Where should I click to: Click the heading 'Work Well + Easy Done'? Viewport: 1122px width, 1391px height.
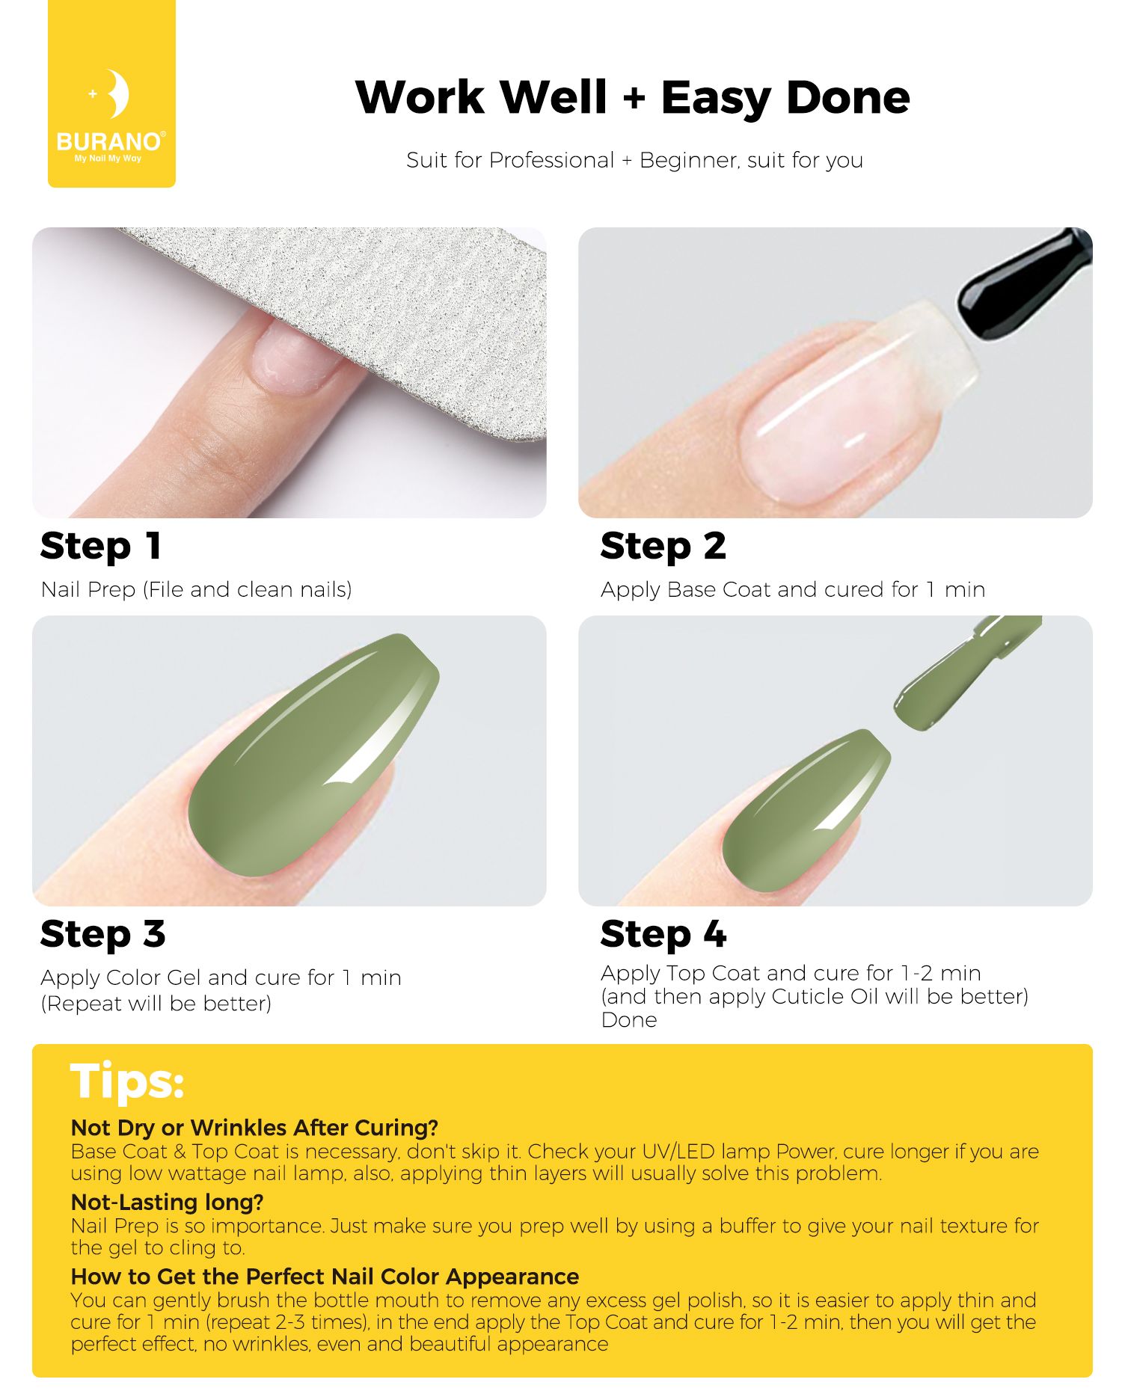(633, 97)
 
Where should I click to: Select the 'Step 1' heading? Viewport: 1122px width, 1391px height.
(101, 547)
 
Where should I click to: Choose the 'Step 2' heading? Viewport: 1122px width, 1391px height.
(663, 547)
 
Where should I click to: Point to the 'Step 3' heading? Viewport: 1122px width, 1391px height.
(102, 935)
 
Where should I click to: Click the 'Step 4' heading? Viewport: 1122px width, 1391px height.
(663, 935)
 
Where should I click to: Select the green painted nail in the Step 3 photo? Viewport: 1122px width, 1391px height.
(313, 755)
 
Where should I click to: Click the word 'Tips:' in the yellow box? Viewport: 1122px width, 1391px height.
(127, 1081)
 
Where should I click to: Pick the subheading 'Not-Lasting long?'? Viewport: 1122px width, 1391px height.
(168, 1202)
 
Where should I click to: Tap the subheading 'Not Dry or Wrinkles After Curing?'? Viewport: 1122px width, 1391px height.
(254, 1128)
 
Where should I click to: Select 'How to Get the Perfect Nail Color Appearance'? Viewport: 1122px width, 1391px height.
(325, 1276)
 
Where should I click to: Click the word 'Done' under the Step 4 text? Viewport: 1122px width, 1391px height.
(629, 1020)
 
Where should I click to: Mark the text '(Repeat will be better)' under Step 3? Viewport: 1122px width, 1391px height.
(156, 1004)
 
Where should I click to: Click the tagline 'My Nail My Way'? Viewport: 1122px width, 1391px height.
(108, 159)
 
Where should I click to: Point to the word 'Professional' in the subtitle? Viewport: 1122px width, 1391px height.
(551, 160)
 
